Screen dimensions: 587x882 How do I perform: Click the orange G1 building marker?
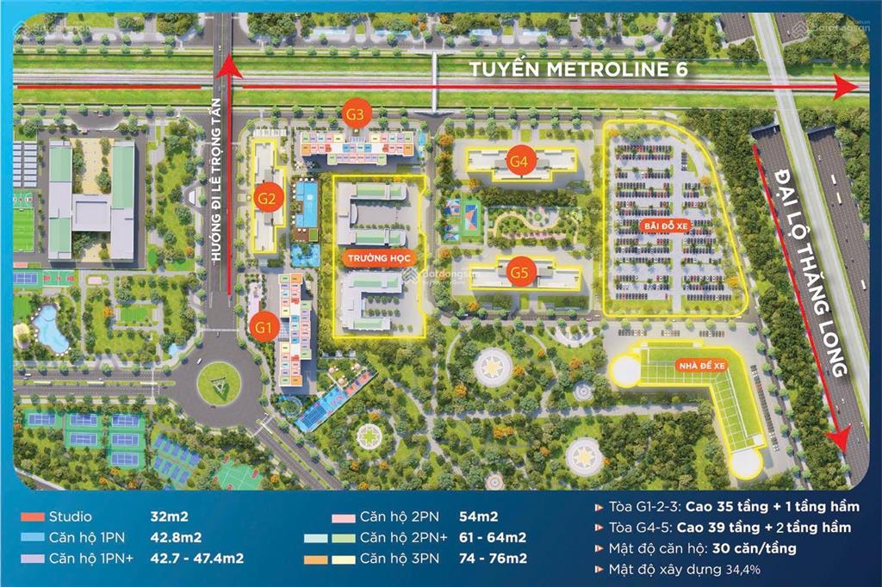tap(264, 326)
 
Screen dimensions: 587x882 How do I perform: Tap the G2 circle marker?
tap(267, 199)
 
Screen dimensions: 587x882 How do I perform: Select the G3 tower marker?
tap(357, 113)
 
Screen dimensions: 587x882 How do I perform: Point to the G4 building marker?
tap(518, 160)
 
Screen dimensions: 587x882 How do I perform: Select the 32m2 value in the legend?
tap(171, 518)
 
